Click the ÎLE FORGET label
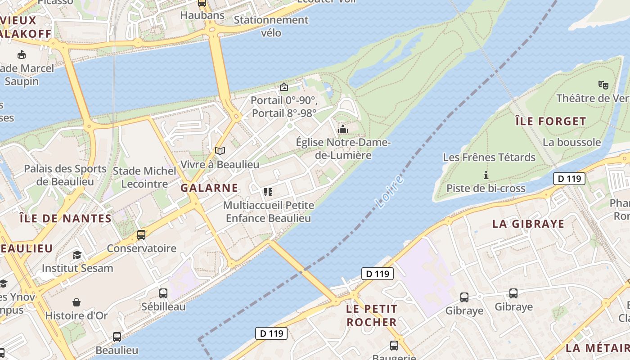click(550, 121)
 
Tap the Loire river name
click(389, 193)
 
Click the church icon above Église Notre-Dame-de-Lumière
click(343, 129)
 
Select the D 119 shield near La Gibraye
click(569, 179)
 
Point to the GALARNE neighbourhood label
click(209, 188)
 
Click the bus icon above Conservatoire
click(141, 234)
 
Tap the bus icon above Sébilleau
click(163, 293)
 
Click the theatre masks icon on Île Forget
click(603, 84)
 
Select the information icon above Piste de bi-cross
click(486, 175)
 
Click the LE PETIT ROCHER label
click(372, 315)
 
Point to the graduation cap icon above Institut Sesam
click(77, 255)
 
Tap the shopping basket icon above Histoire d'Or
click(76, 302)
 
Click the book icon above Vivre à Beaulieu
click(220, 151)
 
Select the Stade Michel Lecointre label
click(144, 177)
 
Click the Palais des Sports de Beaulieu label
click(65, 175)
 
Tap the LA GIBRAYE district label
click(528, 224)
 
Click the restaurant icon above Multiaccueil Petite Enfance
click(268, 192)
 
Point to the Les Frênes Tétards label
click(489, 157)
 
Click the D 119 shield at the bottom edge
click(271, 333)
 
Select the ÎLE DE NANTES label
click(66, 219)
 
